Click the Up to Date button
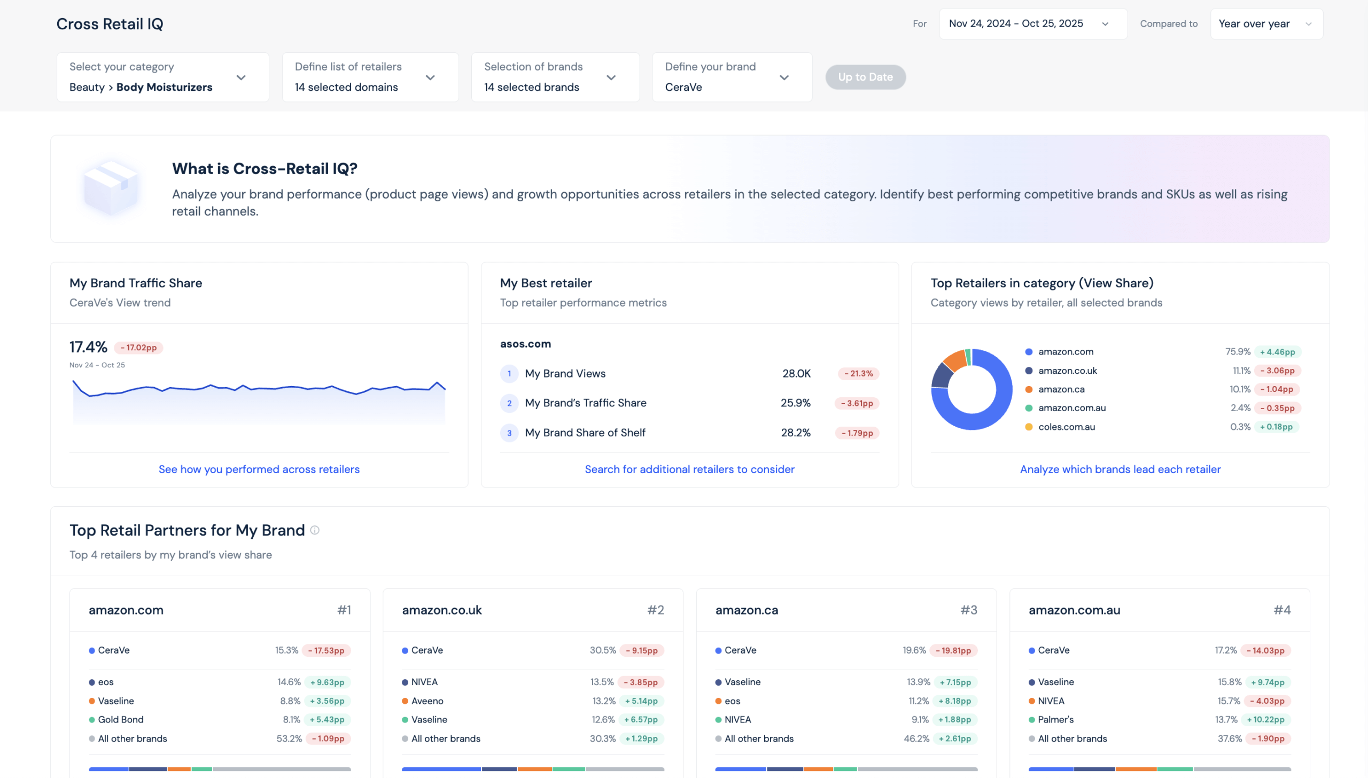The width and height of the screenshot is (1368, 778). pyautogui.click(x=865, y=77)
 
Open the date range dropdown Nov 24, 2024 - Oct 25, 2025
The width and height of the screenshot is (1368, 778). pyautogui.click(x=1032, y=23)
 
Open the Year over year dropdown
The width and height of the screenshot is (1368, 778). pyautogui.click(x=1265, y=23)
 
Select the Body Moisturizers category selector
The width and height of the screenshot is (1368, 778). pyautogui.click(x=162, y=77)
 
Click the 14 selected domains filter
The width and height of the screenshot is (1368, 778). pyautogui.click(x=370, y=77)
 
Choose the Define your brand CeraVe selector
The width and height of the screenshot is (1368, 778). pyautogui.click(x=732, y=77)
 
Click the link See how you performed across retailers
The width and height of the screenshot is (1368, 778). pyautogui.click(x=259, y=469)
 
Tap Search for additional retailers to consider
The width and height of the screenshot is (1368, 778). pyautogui.click(x=689, y=469)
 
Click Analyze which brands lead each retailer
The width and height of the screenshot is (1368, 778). pyautogui.click(x=1120, y=469)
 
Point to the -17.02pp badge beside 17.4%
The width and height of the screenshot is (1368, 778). pyautogui.click(x=138, y=347)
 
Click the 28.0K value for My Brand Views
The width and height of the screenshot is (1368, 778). pyautogui.click(x=796, y=373)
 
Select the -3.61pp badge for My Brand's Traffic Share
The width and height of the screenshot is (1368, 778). pyautogui.click(x=857, y=404)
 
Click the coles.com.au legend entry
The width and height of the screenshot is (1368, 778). pyautogui.click(x=1066, y=427)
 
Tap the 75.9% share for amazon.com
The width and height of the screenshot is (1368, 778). pyautogui.click(x=1237, y=351)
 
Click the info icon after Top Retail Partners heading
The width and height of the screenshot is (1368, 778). pyautogui.click(x=315, y=530)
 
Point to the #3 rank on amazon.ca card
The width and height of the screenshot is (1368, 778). pyautogui.click(x=968, y=610)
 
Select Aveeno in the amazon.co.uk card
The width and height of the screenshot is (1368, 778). pyautogui.click(x=427, y=701)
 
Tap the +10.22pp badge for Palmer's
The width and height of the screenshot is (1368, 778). pyautogui.click(x=1265, y=720)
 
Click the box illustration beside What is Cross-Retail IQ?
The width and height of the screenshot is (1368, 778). pyautogui.click(x=111, y=187)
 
